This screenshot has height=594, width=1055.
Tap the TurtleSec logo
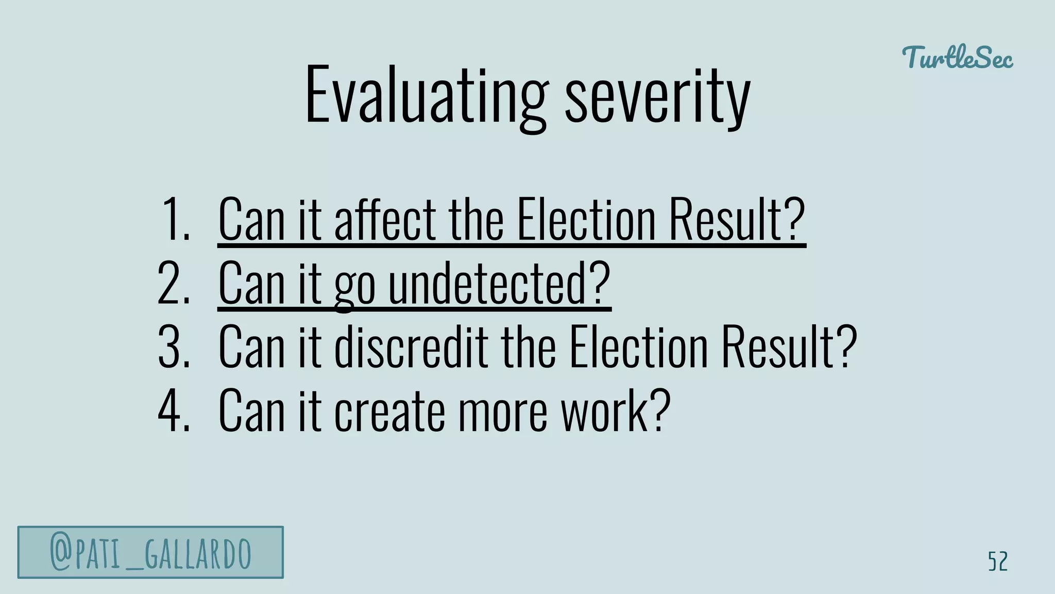point(957,57)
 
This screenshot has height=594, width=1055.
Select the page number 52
point(997,562)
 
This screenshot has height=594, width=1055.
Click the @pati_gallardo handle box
point(150,552)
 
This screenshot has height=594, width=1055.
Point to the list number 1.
point(175,219)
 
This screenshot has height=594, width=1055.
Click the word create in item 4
point(389,410)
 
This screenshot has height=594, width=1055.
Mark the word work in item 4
point(615,410)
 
